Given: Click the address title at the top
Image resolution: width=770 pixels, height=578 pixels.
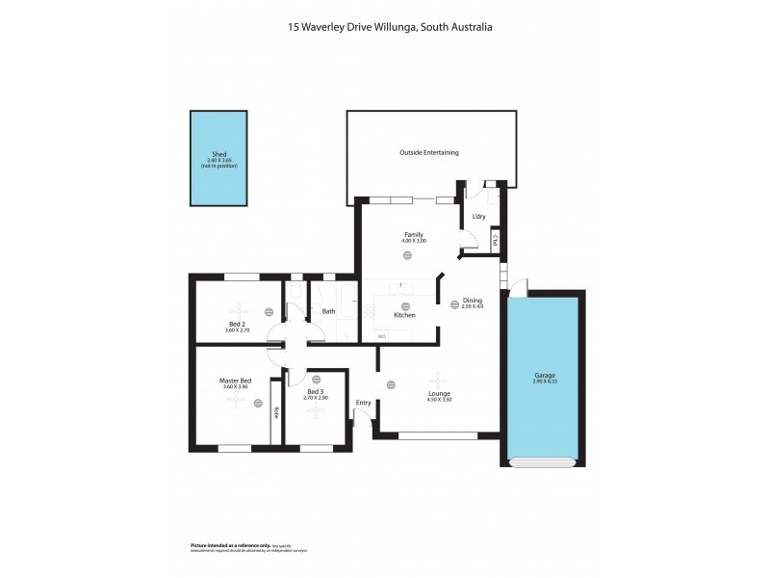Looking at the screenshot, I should (x=390, y=28).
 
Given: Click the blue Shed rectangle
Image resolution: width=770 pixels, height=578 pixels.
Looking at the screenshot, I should (x=218, y=159).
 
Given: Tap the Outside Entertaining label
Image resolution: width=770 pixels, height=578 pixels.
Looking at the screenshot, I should (x=428, y=152).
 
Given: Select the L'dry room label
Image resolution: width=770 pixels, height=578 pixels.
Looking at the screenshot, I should (x=479, y=216).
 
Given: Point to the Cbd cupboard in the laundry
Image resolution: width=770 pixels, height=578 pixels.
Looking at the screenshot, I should (x=495, y=240).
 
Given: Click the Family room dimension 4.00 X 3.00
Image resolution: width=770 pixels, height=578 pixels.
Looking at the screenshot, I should (x=414, y=240).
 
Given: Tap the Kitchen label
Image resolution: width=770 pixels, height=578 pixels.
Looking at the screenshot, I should (x=404, y=315).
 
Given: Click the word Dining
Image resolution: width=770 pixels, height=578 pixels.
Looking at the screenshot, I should (x=472, y=300).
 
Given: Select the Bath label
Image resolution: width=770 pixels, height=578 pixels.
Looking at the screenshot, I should (x=328, y=311).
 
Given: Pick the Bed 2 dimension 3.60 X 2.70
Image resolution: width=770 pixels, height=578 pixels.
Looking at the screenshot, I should (x=237, y=330).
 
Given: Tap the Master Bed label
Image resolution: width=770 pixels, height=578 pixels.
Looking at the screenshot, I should (x=235, y=381).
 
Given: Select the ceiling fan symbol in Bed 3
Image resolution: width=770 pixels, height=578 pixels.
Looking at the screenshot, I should (x=316, y=411).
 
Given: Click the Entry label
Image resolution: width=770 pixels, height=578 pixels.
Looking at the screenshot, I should (x=363, y=403).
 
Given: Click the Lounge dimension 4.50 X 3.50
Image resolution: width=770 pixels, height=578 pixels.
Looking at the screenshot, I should (x=439, y=399).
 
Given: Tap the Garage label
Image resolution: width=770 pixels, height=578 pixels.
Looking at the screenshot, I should (x=544, y=375).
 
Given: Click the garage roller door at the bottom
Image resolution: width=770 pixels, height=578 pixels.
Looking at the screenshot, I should (x=544, y=462).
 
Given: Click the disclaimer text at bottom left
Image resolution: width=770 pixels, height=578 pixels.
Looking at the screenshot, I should (x=248, y=547).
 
